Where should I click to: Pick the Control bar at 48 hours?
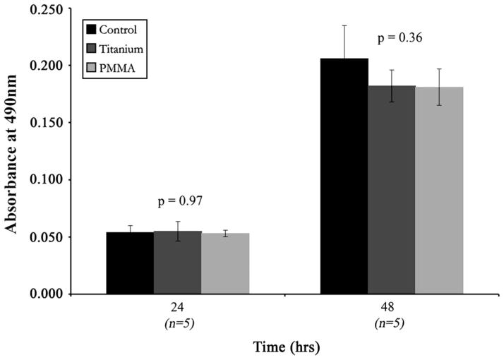(344, 176)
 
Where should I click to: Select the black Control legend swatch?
(91, 30)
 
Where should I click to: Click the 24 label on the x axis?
(178, 308)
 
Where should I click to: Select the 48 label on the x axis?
(392, 308)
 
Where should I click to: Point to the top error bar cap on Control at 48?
(344, 25)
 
